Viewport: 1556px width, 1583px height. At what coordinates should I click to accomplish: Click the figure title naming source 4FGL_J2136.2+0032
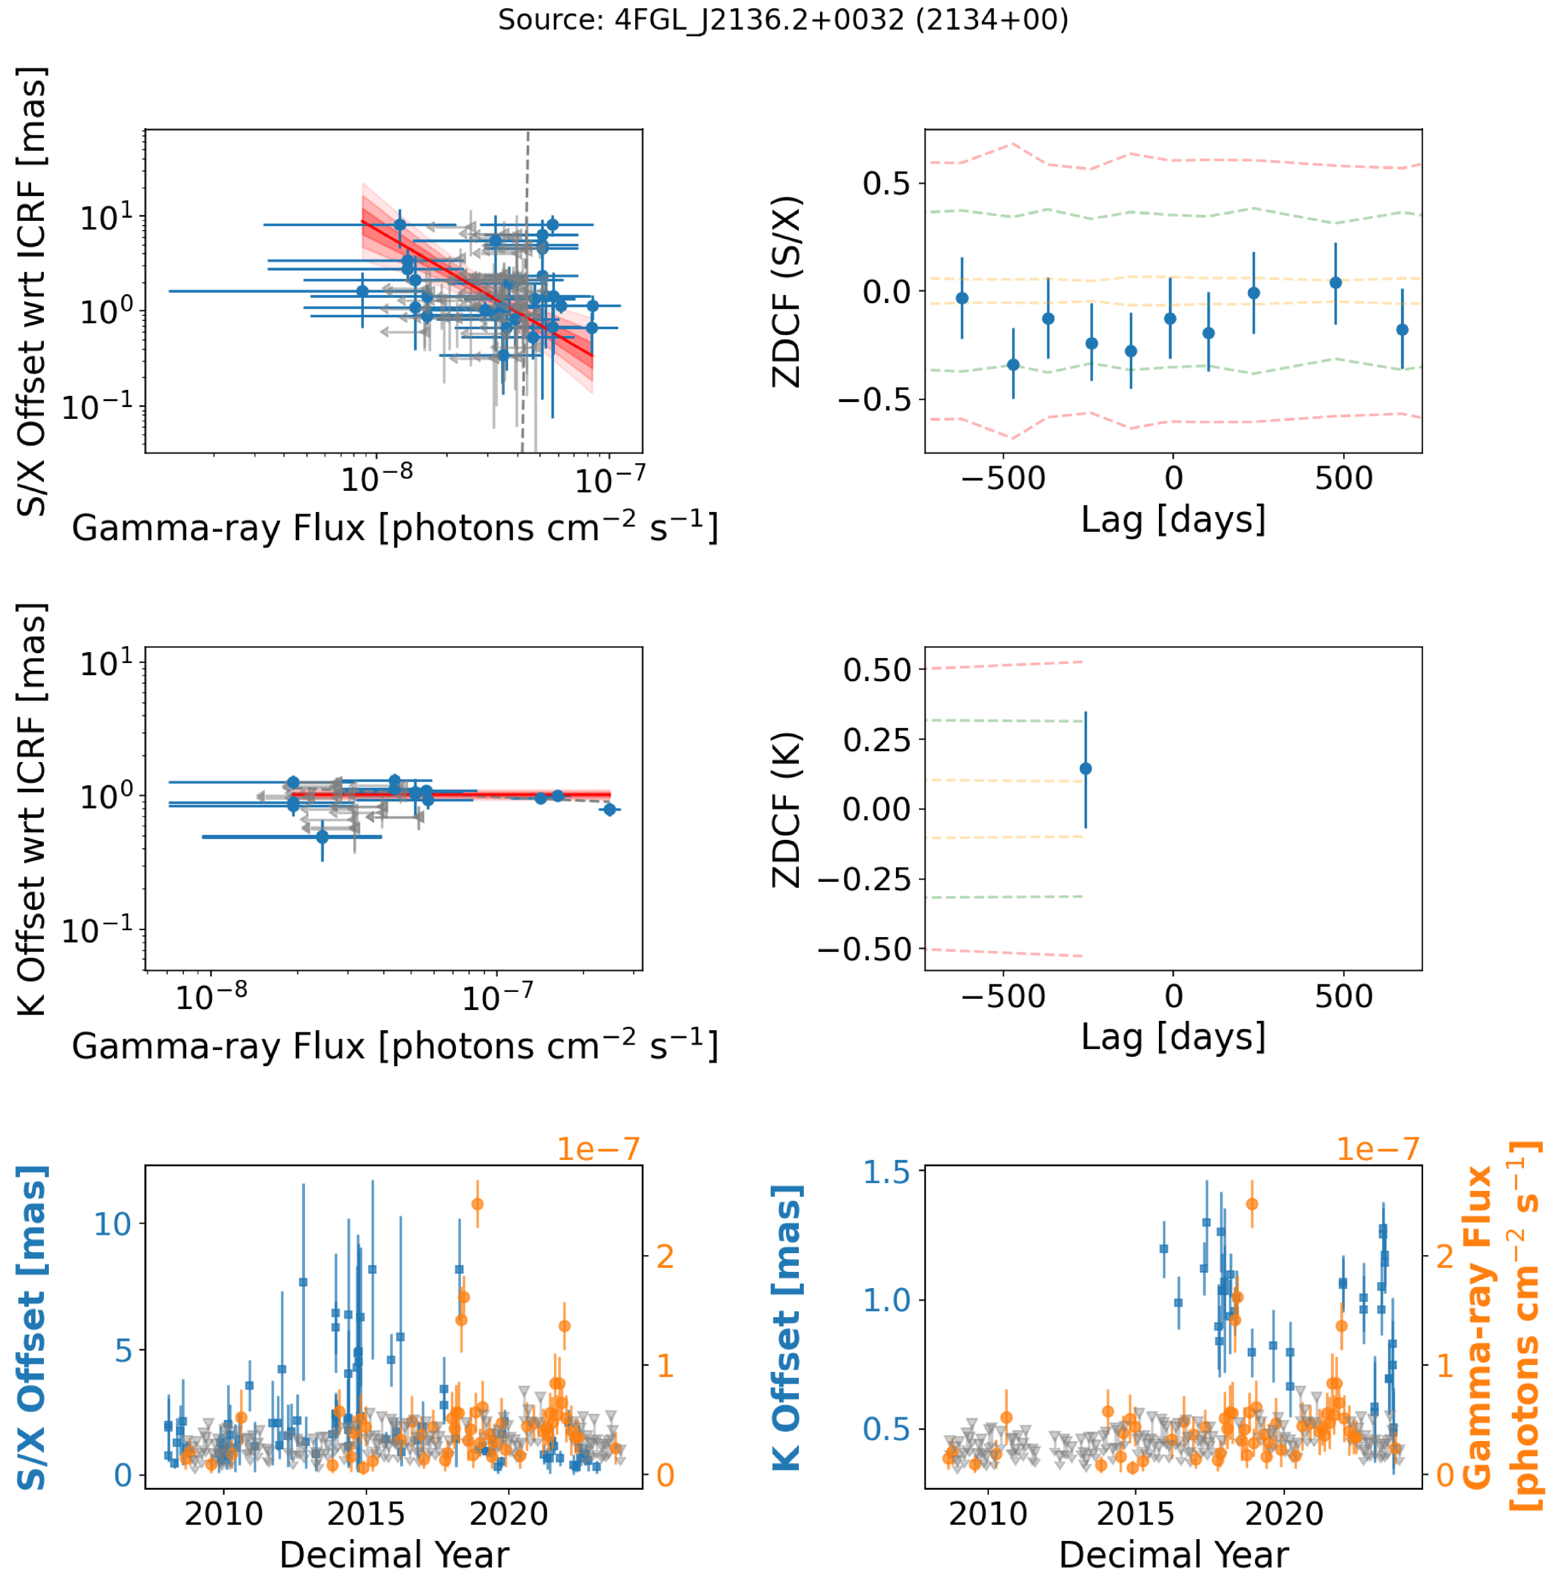783,20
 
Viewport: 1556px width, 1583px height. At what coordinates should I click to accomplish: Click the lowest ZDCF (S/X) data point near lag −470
1013,365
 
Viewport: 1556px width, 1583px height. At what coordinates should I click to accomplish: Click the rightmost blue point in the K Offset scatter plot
609,809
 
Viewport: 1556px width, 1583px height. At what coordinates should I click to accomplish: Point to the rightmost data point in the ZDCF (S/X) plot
1402,329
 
